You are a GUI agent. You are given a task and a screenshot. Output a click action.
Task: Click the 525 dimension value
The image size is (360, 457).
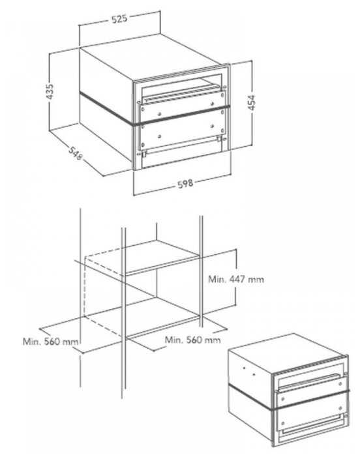tap(119, 18)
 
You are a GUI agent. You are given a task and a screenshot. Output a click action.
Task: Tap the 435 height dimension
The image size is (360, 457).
tap(50, 91)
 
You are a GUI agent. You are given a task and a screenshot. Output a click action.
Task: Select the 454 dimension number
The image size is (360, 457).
tap(251, 102)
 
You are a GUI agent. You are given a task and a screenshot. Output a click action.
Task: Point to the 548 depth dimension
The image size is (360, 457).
tap(76, 153)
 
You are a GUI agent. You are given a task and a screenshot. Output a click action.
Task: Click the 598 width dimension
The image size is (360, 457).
tap(185, 184)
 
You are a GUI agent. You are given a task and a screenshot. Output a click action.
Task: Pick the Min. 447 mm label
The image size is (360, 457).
tap(236, 279)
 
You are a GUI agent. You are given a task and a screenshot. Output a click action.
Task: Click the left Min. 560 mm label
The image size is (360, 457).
tap(51, 342)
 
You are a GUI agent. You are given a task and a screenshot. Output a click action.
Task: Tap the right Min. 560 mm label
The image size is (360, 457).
tap(192, 340)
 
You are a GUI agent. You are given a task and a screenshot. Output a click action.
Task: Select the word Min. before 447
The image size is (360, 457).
tap(217, 279)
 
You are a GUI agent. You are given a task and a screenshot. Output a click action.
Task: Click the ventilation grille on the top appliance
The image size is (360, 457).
tap(181, 74)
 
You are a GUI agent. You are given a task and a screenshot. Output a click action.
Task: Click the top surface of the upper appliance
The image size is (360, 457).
tap(151, 57)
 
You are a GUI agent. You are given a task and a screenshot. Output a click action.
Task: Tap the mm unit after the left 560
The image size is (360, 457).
tap(70, 342)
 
